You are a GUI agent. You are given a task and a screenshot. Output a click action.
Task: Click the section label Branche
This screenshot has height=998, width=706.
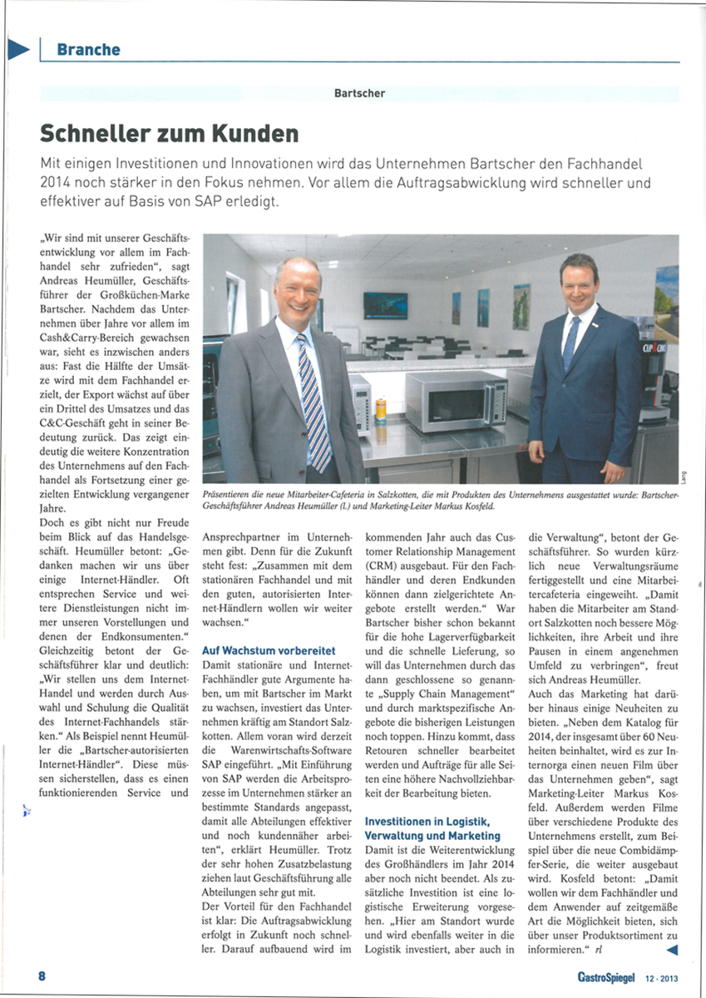click(88, 50)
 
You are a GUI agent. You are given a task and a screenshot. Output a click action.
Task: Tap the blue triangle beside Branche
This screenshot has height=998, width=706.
click(18, 49)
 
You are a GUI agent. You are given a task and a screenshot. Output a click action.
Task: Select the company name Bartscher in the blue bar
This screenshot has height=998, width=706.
click(359, 93)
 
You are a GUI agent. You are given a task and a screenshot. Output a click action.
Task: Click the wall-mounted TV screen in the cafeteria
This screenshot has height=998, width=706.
click(385, 305)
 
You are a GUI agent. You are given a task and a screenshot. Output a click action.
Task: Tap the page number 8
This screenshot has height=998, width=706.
click(41, 976)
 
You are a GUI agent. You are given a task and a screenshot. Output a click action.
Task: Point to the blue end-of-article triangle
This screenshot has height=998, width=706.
click(672, 949)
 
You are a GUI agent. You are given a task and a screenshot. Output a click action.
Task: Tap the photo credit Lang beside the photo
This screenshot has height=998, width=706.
click(684, 475)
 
